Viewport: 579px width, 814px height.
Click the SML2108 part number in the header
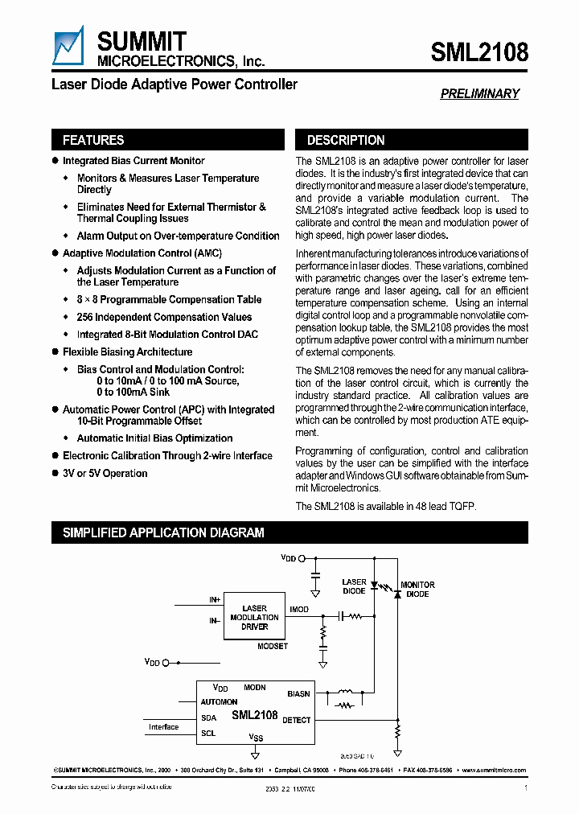pyautogui.click(x=479, y=52)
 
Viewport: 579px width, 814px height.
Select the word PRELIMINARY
pyautogui.click(x=479, y=94)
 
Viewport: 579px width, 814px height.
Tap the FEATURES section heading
pyautogui.click(x=93, y=140)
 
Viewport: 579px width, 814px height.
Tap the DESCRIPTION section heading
pyautogui.click(x=346, y=140)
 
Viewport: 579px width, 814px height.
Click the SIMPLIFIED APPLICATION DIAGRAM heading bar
pyautogui.click(x=163, y=532)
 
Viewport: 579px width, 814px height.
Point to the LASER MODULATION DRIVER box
pyautogui.click(x=254, y=618)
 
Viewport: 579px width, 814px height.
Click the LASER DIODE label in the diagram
pyautogui.click(x=354, y=586)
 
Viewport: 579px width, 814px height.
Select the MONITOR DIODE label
pyautogui.click(x=417, y=590)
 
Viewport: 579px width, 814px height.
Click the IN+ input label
pyautogui.click(x=215, y=600)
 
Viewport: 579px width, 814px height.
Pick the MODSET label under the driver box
pyautogui.click(x=273, y=647)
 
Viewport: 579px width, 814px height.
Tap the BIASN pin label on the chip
pyautogui.click(x=298, y=693)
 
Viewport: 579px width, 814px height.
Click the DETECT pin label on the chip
pyautogui.click(x=296, y=720)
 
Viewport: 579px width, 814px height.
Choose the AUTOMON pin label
pyautogui.click(x=219, y=702)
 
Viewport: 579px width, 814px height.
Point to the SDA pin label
pyautogui.click(x=209, y=718)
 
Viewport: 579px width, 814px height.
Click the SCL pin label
pyautogui.click(x=208, y=734)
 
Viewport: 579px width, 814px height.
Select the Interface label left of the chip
pyautogui.click(x=163, y=727)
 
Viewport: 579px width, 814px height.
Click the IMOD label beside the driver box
pyautogui.click(x=299, y=610)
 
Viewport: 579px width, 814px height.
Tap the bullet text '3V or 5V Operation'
pyautogui.click(x=105, y=474)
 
